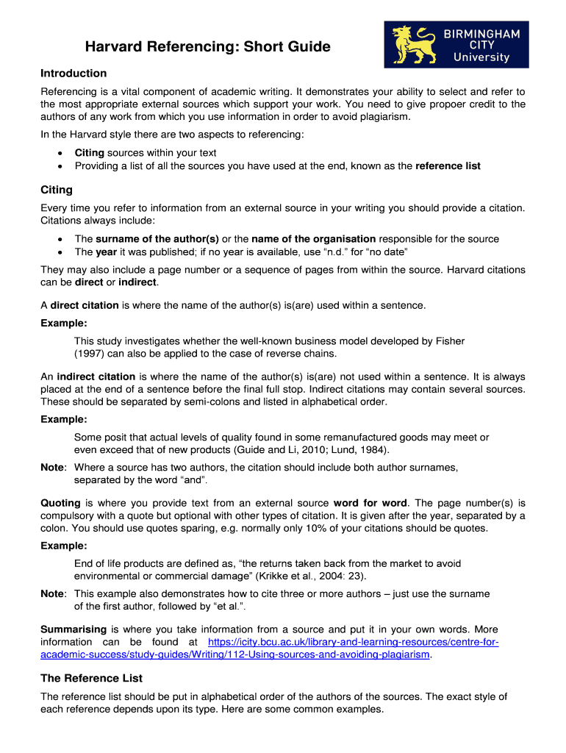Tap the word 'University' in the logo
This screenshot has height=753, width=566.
[x=481, y=57]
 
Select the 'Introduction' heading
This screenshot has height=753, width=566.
[x=74, y=74]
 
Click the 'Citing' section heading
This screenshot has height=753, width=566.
[x=56, y=190]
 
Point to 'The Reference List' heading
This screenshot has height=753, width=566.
[x=91, y=678]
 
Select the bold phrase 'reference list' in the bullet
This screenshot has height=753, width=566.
[x=448, y=166]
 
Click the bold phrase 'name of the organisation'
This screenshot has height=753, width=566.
[x=314, y=239]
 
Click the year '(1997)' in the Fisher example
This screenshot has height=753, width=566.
[x=90, y=354]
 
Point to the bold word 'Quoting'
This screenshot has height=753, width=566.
[x=60, y=503]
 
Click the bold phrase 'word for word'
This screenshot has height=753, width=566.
[x=368, y=503]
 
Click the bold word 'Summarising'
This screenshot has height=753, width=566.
[x=74, y=629]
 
